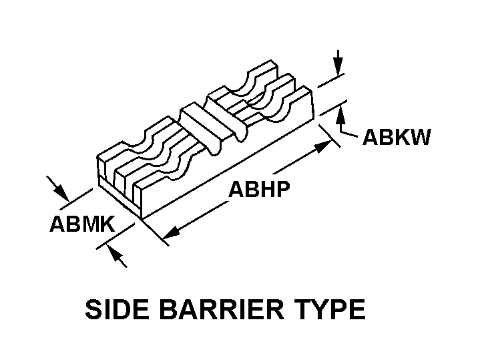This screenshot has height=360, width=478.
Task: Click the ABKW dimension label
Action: pyautogui.click(x=396, y=138)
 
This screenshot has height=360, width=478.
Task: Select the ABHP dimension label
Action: pyautogui.click(x=259, y=190)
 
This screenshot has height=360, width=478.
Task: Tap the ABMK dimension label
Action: pyautogui.click(x=81, y=224)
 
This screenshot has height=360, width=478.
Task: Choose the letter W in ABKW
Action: pyautogui.click(x=420, y=138)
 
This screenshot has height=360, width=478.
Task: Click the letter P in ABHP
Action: pyautogui.click(x=282, y=190)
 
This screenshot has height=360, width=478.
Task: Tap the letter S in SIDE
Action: pyautogui.click(x=94, y=310)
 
